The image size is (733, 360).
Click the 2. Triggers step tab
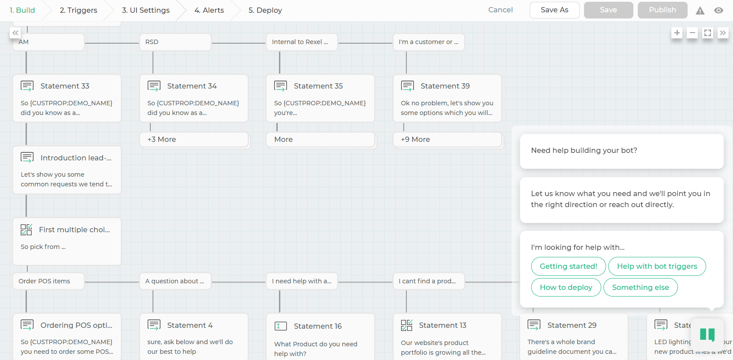tap(78, 10)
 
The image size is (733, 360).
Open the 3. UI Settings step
tap(145, 10)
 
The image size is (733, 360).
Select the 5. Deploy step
tap(265, 10)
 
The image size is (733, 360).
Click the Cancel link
tap(500, 10)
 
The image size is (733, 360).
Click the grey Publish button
tap(662, 10)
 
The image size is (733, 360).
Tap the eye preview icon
tap(718, 11)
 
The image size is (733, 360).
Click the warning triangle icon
tap(700, 11)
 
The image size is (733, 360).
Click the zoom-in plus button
tap(677, 33)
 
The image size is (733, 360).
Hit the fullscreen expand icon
tap(707, 33)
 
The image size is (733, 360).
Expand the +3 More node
tap(194, 139)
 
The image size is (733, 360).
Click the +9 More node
tap(447, 139)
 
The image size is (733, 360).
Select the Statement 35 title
tap(318, 86)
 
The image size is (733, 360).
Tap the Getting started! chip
tap(569, 267)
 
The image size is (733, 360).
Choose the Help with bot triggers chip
tap(657, 267)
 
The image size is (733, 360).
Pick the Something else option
tap(640, 287)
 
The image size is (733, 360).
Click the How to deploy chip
tap(566, 287)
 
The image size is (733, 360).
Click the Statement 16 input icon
tap(280, 326)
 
